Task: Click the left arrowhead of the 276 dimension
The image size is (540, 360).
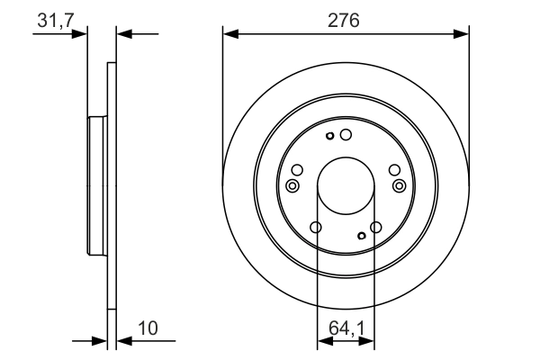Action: coord(229,35)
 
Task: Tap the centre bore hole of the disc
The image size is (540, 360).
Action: coord(346,185)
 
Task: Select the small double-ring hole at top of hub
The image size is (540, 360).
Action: coord(331,137)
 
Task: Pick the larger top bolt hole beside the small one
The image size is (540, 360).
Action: coord(346,135)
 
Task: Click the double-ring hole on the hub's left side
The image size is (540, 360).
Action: coord(292,185)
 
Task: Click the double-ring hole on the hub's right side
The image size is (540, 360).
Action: coord(400,185)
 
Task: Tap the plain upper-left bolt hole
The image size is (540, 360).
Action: coord(297,170)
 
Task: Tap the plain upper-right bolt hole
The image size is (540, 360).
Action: coord(394,170)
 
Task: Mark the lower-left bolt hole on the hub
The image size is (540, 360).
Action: coord(315,228)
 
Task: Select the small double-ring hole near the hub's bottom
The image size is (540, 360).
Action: coord(361,236)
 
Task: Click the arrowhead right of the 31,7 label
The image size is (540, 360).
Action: coord(82,34)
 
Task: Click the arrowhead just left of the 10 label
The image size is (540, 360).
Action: coord(123,341)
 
